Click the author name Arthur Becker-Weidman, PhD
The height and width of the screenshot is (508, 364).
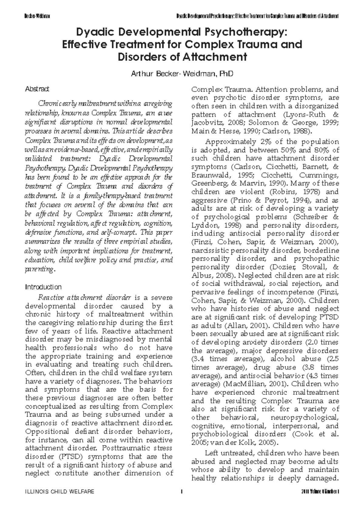tap(182, 74)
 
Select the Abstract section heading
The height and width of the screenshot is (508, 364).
tap(37, 89)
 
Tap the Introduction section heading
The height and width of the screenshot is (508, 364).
tap(43, 287)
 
